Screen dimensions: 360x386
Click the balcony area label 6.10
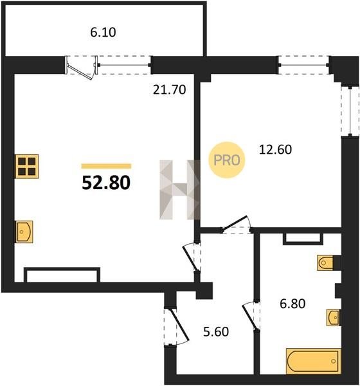tap(103, 32)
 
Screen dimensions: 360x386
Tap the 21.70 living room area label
tap(169, 89)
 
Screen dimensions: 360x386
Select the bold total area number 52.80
tap(106, 183)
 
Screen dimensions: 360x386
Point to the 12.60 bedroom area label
tap(275, 149)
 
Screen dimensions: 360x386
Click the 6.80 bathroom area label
tap(292, 304)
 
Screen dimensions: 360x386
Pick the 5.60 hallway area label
tap(216, 331)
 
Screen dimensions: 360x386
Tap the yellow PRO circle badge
tap(227, 160)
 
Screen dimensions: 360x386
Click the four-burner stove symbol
tap(27, 166)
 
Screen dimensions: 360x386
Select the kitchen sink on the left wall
tap(24, 232)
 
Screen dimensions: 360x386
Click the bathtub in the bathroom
tap(313, 361)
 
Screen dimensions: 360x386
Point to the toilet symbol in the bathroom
tap(325, 263)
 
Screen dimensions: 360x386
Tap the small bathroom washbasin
tap(333, 318)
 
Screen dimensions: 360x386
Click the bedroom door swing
tap(237, 225)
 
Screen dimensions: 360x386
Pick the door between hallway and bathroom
tap(251, 315)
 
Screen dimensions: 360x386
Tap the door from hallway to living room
tap(192, 257)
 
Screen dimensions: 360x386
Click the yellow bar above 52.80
tap(106, 166)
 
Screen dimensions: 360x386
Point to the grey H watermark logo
tap(179, 190)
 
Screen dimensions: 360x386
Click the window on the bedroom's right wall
tap(350, 110)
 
